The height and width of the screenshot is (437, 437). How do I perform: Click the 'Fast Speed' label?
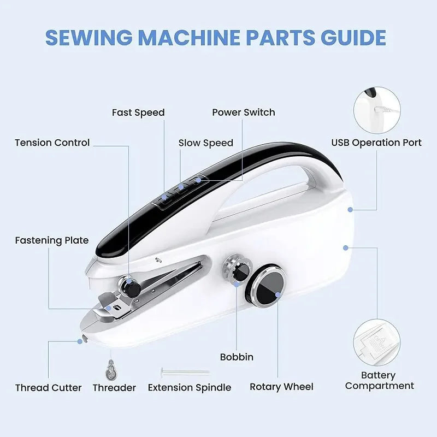coord(138,113)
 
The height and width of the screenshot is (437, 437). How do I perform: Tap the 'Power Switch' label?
coord(244,113)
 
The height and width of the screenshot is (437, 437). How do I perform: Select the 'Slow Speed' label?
coord(206,143)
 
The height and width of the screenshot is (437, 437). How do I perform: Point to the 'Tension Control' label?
coord(52,143)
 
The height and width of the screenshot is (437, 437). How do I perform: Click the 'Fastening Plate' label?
coord(52,240)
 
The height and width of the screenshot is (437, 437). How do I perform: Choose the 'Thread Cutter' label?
coord(49,388)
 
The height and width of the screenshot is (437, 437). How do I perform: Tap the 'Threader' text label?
coord(114,388)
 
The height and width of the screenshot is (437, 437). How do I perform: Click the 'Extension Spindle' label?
coord(190,388)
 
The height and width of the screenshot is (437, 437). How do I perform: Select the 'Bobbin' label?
coord(237,357)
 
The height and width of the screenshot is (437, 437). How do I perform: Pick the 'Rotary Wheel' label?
coord(281,387)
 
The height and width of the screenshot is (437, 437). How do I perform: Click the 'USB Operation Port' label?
coord(376,143)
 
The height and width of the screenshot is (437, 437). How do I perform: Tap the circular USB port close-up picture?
coord(377,111)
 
